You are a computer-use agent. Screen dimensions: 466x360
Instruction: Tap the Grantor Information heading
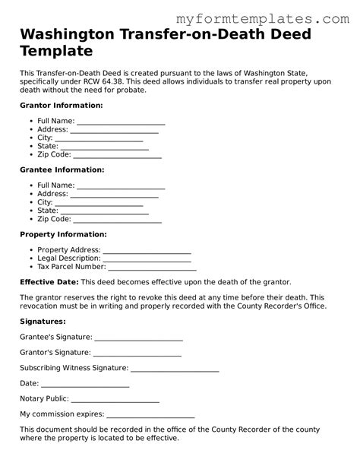(61, 105)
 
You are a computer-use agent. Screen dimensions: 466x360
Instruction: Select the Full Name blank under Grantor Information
(121, 122)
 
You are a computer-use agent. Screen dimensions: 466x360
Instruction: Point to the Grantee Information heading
(62, 170)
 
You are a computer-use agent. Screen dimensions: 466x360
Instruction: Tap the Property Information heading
(63, 234)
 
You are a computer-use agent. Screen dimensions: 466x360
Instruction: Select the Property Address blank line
(147, 250)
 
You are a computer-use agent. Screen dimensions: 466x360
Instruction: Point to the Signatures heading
(43, 322)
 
